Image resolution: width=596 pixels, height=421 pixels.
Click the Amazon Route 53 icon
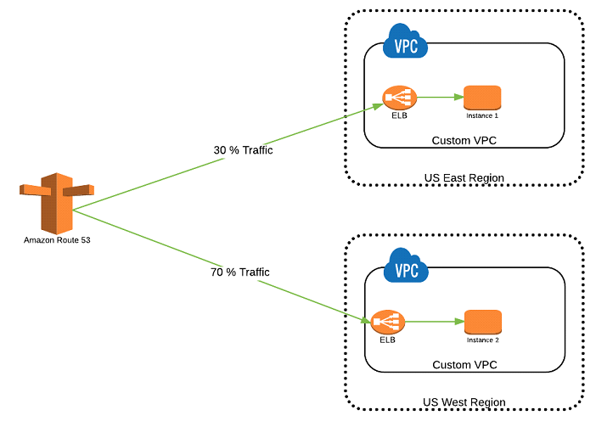(56, 203)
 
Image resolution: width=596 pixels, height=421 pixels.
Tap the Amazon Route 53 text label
(57, 241)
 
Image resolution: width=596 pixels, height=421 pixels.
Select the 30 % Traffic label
(243, 150)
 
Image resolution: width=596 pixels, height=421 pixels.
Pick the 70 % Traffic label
(240, 272)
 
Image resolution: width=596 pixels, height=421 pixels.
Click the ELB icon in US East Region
(394, 98)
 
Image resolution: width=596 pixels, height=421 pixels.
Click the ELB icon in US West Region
(387, 323)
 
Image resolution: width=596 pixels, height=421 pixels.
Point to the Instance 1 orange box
(482, 97)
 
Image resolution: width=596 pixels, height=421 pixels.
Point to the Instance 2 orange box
(482, 322)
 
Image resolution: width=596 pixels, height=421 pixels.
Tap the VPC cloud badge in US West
(406, 269)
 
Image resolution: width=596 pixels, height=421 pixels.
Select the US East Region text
(464, 178)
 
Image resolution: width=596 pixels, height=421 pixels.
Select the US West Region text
(464, 402)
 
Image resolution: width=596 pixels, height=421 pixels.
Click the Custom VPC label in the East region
(464, 140)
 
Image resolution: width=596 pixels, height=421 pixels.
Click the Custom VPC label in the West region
(464, 365)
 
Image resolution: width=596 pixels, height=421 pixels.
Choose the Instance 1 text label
(482, 115)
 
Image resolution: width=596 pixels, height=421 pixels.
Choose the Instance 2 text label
(482, 340)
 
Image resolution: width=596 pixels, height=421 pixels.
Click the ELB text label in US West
(387, 340)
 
